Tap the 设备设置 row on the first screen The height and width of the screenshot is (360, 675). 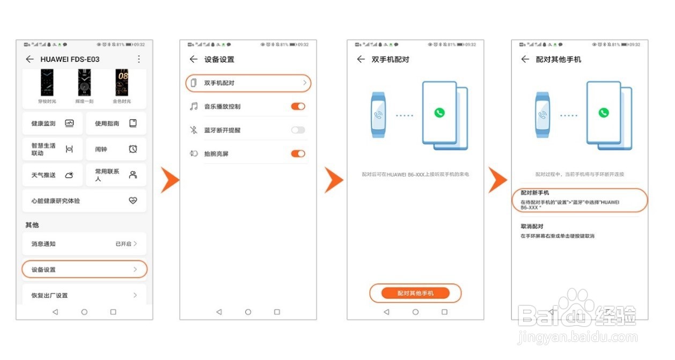point(84,269)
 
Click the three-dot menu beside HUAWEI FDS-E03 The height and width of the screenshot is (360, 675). point(139,59)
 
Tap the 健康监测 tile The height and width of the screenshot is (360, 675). point(53,123)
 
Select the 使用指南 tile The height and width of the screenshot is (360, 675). point(115,123)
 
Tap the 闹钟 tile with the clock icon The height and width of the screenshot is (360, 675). point(115,149)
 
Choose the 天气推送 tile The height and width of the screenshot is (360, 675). point(53,175)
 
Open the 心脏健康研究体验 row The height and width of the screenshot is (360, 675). point(84,201)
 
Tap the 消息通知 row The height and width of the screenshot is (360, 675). point(84,244)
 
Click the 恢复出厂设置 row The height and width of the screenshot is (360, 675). point(84,295)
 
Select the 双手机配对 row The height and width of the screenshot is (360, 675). point(248,83)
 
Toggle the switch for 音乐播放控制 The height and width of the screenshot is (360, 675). point(298,106)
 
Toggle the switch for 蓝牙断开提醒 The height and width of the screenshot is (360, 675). point(298,130)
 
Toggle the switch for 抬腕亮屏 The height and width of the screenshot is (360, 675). point(298,153)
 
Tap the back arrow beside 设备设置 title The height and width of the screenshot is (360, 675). point(194,59)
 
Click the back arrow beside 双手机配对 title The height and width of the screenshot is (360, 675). point(361,59)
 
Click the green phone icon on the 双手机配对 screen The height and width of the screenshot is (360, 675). point(439,113)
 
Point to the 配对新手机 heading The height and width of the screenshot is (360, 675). point(535,192)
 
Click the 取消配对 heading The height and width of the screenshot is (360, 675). point(532,226)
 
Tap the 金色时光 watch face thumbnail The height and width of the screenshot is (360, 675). point(122,83)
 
